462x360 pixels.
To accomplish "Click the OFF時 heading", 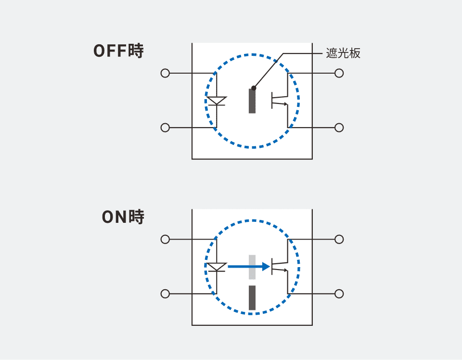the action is (118, 51).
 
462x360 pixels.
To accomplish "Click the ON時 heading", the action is (123, 217).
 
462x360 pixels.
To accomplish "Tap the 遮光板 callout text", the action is (343, 53).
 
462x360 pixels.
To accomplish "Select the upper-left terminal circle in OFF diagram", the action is (165, 73).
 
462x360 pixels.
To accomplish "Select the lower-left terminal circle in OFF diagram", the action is (165, 128).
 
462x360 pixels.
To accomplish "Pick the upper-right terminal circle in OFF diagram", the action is (339, 73).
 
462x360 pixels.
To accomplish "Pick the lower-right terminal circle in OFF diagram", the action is (339, 128).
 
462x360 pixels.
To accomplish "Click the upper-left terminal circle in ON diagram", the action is (165, 239).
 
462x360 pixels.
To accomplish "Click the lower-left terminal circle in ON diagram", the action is (165, 294).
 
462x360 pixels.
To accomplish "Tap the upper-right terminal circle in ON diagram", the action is (339, 239).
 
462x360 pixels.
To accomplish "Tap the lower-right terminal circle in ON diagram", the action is (339, 294).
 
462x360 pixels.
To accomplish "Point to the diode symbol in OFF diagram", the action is (217, 101).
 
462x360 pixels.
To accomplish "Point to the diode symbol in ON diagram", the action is (217, 267).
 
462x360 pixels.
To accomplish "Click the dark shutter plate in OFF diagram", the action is (252, 101).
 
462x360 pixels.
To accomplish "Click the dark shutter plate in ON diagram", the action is (252, 297).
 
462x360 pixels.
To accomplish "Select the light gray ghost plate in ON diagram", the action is (252, 267).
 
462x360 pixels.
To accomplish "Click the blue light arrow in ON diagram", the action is (249, 267).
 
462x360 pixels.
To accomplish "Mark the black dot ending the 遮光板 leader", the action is (254, 88).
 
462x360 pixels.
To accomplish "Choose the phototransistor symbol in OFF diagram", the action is (280, 100).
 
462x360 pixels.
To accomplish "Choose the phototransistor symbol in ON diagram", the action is (280, 266).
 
